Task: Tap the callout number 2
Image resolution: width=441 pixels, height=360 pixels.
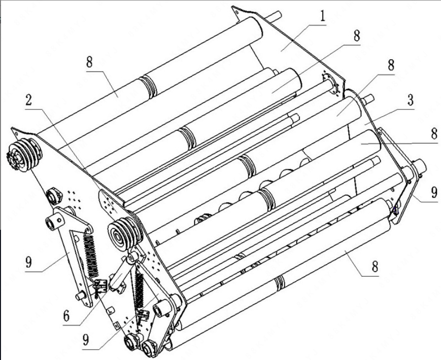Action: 29,101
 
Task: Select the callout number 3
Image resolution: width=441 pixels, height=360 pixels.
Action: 410,100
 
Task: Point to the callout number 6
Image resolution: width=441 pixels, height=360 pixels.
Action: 67,316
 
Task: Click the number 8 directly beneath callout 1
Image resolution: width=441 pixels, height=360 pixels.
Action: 357,36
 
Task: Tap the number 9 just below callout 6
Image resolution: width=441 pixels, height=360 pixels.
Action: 86,340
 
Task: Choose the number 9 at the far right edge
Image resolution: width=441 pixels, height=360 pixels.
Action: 435,192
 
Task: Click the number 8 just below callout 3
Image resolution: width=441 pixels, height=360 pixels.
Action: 435,135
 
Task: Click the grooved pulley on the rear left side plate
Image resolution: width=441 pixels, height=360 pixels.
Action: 24,154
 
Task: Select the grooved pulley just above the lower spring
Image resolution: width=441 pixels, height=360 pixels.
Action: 124,234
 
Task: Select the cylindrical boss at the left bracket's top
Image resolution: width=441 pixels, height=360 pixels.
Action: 56,221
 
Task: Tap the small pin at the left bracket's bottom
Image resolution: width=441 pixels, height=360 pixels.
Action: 80,295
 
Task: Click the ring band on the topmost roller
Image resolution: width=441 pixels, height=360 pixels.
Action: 148,86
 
